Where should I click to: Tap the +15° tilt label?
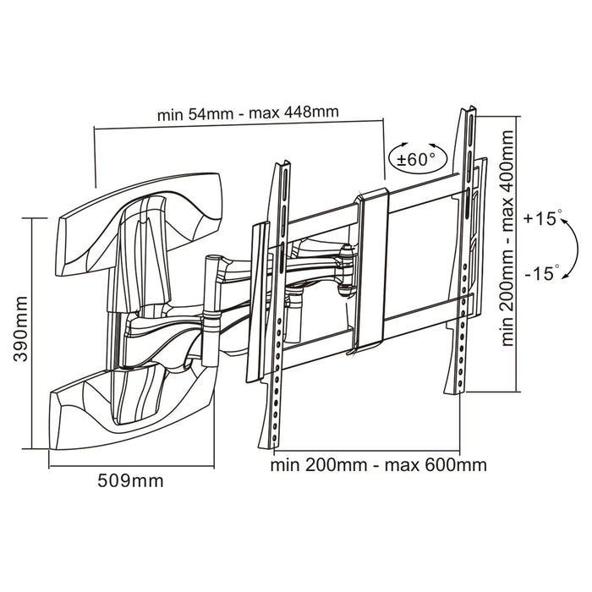tap(542, 218)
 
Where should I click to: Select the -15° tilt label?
tap(542, 272)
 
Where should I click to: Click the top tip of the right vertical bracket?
tap(467, 109)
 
